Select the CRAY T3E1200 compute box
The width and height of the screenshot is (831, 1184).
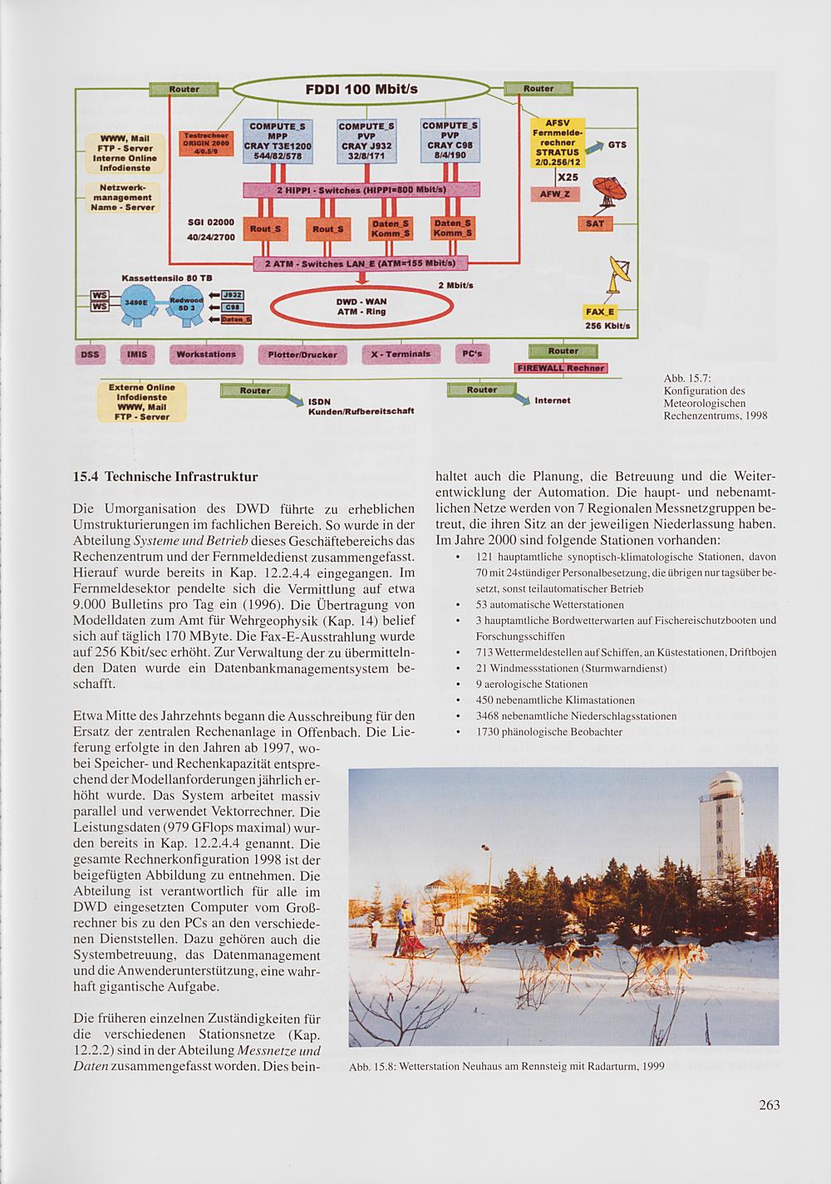(277, 140)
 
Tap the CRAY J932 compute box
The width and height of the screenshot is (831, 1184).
(366, 140)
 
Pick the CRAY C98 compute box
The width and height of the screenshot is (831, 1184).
(450, 140)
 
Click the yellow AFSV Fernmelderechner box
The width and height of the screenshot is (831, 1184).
(558, 141)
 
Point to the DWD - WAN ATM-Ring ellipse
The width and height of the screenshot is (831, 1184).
(361, 307)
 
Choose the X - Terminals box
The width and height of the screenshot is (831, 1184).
(401, 354)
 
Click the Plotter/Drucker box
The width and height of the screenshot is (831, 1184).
(302, 354)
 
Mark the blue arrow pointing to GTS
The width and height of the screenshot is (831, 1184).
(594, 147)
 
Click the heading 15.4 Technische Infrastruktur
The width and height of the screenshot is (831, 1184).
(165, 478)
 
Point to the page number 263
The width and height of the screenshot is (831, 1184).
(769, 1105)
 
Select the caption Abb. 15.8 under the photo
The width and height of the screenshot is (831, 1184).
(507, 1067)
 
